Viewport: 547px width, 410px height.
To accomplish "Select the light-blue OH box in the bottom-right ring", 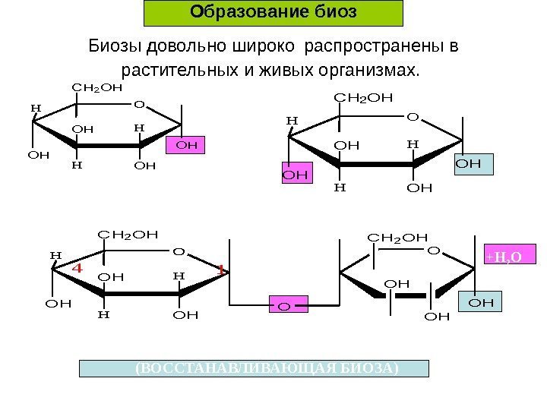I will point(487,302).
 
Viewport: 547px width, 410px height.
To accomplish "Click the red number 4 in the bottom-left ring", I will point(76,268).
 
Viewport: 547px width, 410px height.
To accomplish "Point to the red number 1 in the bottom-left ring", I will point(220,270).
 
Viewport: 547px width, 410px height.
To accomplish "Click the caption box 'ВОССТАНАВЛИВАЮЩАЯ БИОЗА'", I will point(255,368).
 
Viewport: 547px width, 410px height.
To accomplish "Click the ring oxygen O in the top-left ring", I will point(139,104).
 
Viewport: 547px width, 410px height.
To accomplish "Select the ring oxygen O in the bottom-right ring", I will point(433,250).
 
